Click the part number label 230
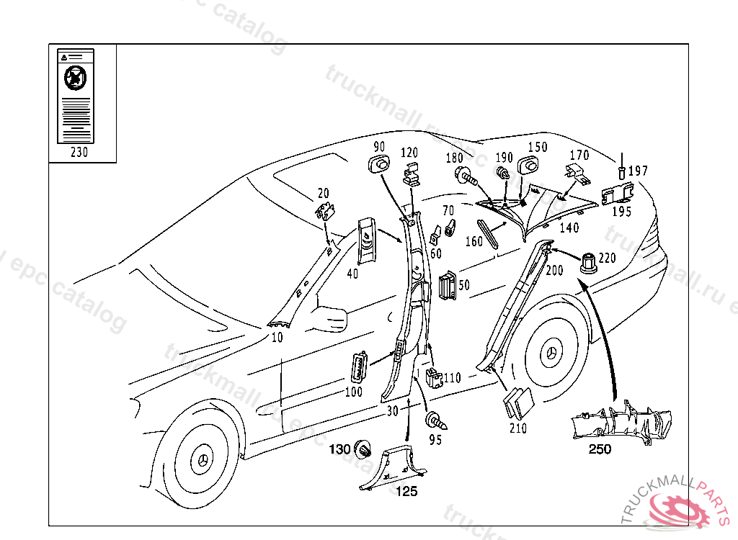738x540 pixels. pos(79,153)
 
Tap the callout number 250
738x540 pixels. pos(600,449)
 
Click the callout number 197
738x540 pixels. pos(638,171)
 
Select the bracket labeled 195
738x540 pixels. pos(618,194)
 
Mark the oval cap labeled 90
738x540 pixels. pos(379,166)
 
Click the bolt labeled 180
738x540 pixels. pos(464,174)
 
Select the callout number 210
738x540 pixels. pos(517,428)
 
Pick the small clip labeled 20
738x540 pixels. pos(326,212)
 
